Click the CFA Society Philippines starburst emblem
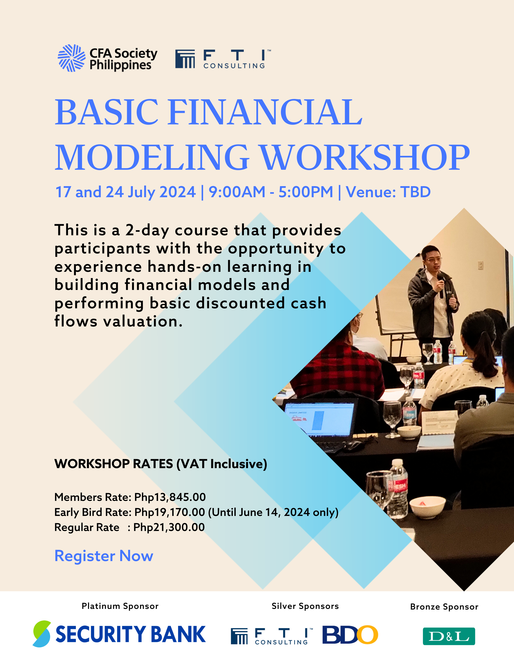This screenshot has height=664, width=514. [72, 58]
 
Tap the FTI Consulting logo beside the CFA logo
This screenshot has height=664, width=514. [223, 59]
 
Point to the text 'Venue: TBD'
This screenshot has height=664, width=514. [388, 192]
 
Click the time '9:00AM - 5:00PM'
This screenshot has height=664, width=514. [271, 192]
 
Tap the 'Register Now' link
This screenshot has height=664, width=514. [104, 556]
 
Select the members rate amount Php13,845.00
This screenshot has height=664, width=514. [170, 497]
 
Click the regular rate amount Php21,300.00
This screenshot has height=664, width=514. [169, 527]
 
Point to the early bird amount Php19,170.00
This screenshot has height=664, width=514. [170, 512]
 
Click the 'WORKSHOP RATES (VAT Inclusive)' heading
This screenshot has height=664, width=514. [161, 464]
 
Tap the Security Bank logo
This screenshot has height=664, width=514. [119, 634]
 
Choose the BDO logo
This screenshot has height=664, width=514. [350, 635]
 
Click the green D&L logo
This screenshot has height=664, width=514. [449, 636]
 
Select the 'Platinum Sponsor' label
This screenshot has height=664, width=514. [120, 606]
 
